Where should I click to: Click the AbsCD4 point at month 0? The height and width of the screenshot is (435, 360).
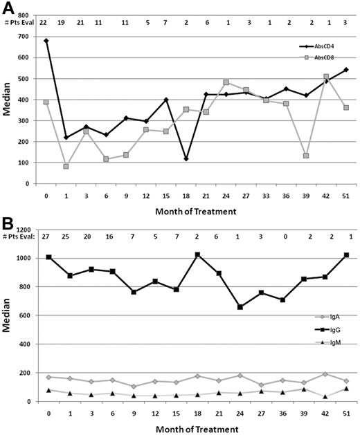point(46,41)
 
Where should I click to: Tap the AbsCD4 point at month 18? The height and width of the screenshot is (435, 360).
point(186,158)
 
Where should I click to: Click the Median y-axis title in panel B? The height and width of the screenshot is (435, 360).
point(8,315)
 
